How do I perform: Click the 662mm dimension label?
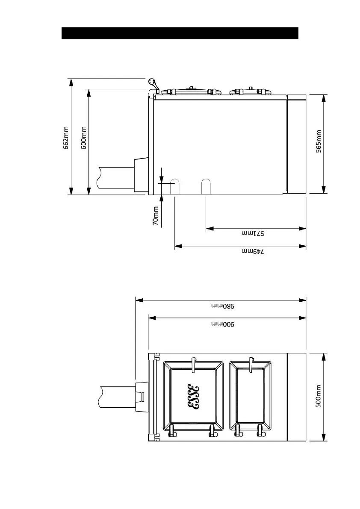point(66,138)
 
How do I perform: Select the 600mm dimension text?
point(84,138)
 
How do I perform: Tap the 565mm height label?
point(319,141)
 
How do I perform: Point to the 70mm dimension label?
point(156,216)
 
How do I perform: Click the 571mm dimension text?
point(253,233)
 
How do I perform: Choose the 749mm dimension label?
point(253,251)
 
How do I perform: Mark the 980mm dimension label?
point(223,306)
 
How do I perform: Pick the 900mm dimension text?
point(223,324)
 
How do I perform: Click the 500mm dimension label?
point(319,396)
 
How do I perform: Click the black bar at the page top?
point(180,33)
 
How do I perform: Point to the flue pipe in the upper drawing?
point(115,177)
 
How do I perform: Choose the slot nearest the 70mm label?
point(175,186)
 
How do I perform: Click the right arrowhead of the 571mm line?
point(302,229)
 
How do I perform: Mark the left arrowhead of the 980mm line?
point(139,300)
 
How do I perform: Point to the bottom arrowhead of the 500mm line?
point(323,437)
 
